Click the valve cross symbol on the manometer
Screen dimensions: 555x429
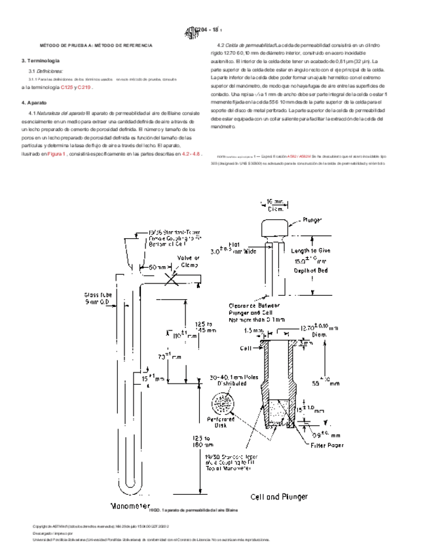[173, 277]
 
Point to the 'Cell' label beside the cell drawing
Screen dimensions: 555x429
[246, 349]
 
